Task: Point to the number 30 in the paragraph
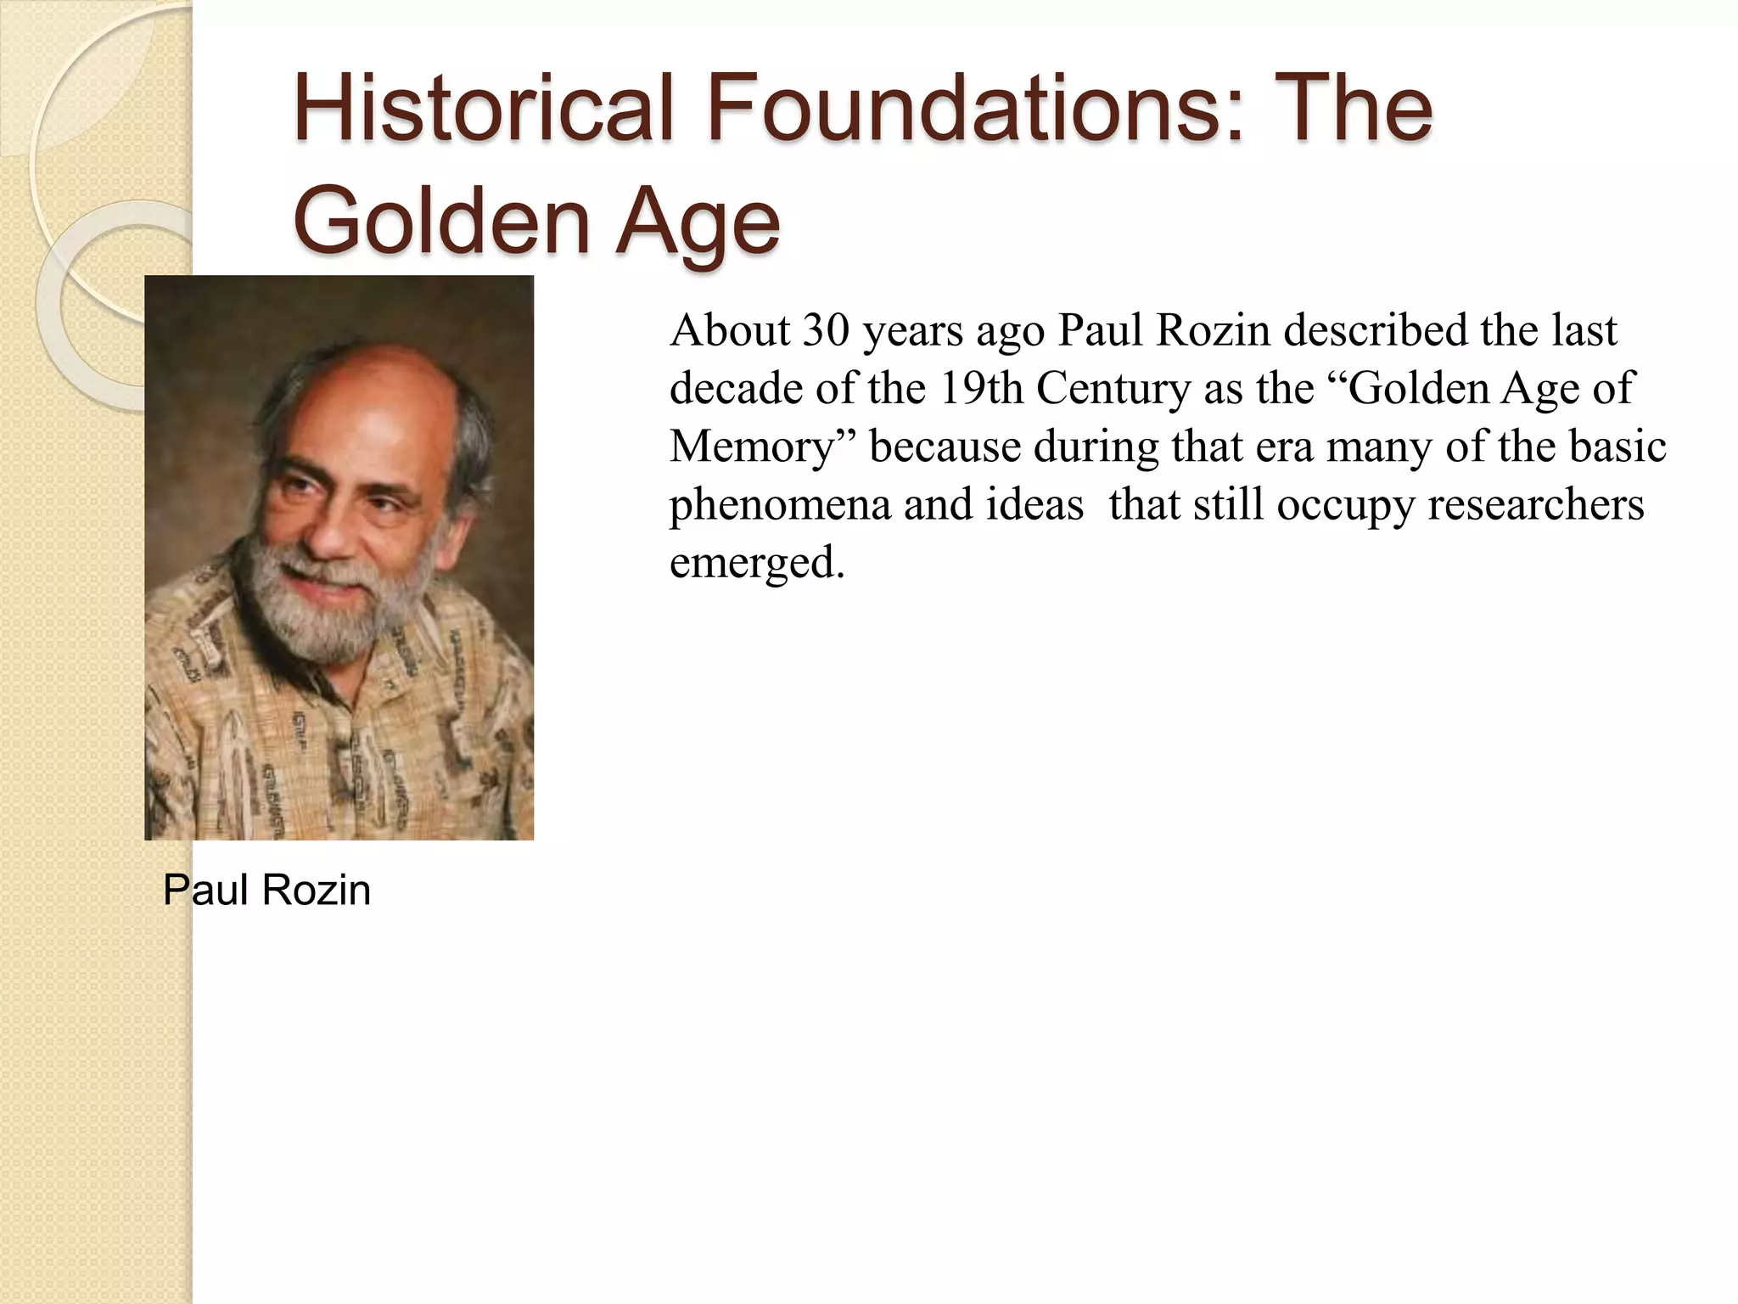(826, 330)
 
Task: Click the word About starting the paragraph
(730, 330)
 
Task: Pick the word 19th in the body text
(981, 388)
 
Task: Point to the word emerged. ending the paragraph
(757, 563)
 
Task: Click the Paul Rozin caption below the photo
(266, 891)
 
